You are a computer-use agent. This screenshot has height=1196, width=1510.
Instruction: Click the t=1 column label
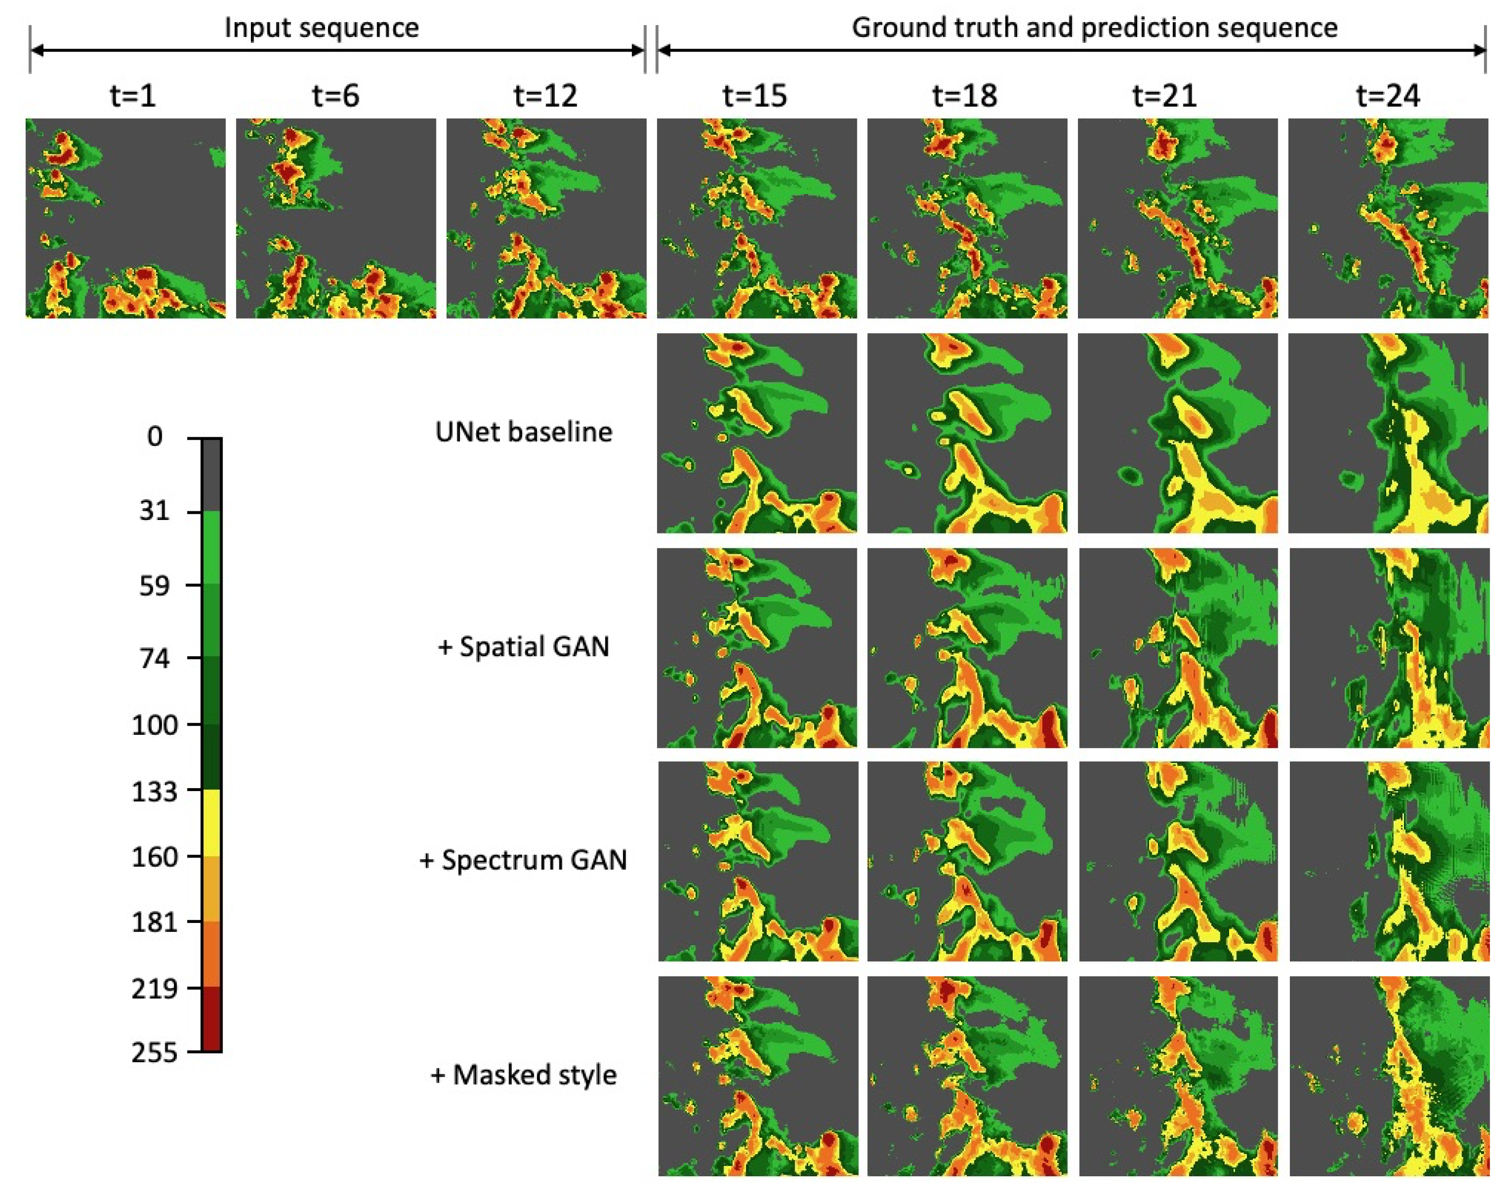click(132, 96)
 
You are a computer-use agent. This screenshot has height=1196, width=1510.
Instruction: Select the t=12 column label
click(546, 96)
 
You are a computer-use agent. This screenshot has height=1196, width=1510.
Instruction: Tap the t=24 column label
click(1388, 96)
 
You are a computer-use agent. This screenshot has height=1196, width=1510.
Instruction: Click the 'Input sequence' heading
click(321, 28)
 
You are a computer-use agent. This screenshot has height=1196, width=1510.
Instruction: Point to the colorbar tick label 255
click(154, 1052)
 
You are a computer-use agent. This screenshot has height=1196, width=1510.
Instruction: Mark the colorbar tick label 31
click(154, 510)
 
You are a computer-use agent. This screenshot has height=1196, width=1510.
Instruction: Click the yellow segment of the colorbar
click(211, 823)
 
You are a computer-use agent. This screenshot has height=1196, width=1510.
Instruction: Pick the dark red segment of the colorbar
click(211, 1019)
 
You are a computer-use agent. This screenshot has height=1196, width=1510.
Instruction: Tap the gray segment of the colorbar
click(211, 475)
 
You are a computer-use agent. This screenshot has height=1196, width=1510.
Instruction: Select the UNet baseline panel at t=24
click(1388, 433)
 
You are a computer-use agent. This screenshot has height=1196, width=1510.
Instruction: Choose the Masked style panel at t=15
click(757, 1076)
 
